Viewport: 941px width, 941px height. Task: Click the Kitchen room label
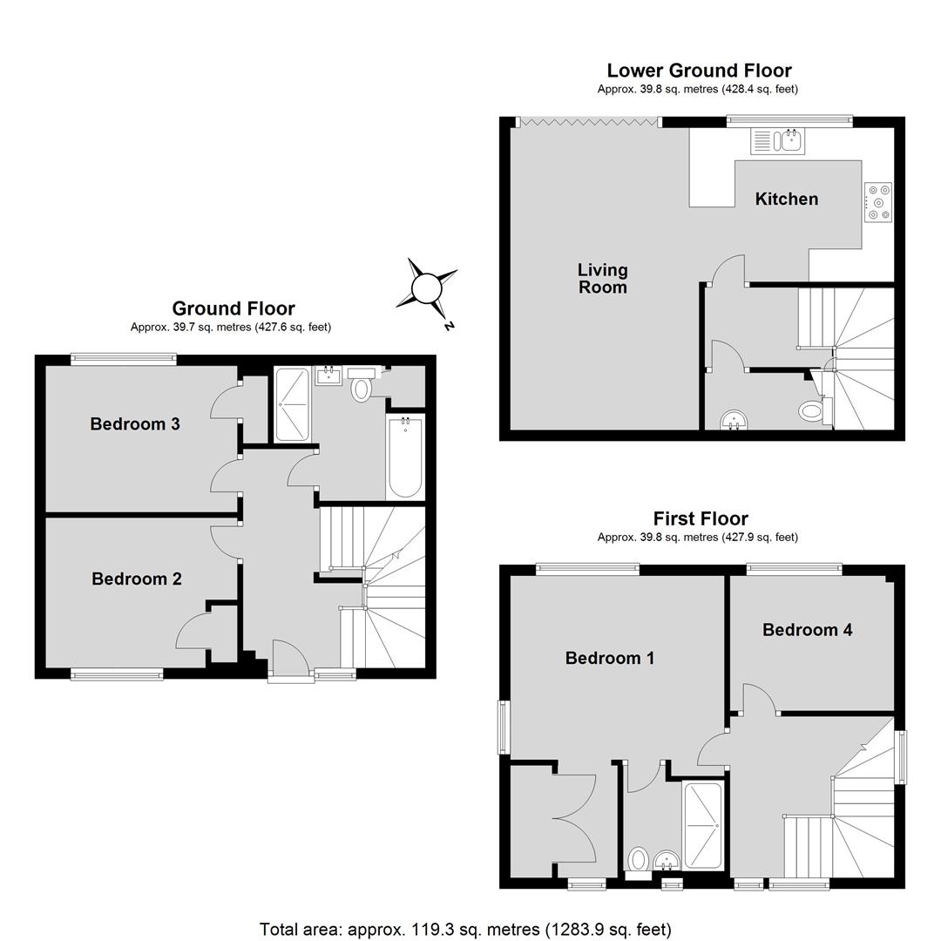786,199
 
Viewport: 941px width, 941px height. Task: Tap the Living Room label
603,279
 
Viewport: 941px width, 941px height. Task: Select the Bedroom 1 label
610,658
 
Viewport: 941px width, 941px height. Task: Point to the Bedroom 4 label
807,630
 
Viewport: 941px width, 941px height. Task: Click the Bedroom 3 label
135,423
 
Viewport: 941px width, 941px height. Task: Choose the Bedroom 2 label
137,579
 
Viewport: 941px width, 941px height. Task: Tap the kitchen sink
778,141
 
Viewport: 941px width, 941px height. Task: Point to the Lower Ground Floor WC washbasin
734,419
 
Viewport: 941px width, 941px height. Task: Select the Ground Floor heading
234,308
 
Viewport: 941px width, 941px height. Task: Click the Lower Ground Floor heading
699,71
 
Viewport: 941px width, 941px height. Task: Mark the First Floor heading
701,518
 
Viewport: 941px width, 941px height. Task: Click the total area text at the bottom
465,930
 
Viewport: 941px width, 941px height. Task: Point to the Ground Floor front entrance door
291,659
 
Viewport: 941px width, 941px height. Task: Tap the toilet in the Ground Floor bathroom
361,385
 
